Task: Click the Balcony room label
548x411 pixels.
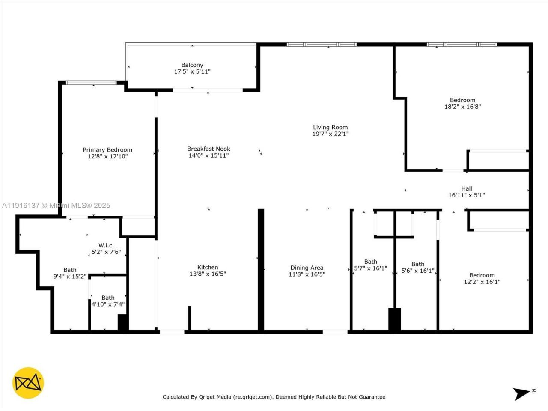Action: click(192, 65)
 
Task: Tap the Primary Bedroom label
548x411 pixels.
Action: click(107, 150)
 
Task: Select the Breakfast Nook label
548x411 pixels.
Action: click(208, 149)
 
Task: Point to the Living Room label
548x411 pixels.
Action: click(330, 127)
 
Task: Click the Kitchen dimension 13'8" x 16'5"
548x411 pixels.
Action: click(208, 274)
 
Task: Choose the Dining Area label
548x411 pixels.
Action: click(307, 268)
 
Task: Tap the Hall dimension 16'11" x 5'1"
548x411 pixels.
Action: click(466, 195)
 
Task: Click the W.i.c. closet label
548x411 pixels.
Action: click(106, 245)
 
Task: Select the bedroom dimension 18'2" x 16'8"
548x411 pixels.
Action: click(462, 107)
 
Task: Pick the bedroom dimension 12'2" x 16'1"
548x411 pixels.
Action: click(482, 282)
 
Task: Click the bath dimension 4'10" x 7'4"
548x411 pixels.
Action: click(108, 304)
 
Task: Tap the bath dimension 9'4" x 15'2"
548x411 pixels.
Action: click(70, 277)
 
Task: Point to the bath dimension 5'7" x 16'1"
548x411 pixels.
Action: click(370, 268)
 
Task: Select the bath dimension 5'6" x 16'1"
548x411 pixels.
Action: click(418, 271)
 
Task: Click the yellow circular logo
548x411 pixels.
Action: click(28, 383)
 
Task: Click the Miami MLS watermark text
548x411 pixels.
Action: click(56, 205)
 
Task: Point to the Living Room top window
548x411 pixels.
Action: click(322, 45)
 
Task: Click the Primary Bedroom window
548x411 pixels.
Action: click(91, 83)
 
